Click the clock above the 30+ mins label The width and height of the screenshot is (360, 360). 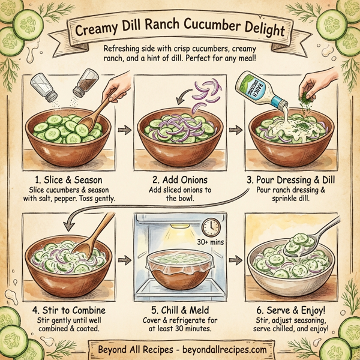[211, 226]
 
